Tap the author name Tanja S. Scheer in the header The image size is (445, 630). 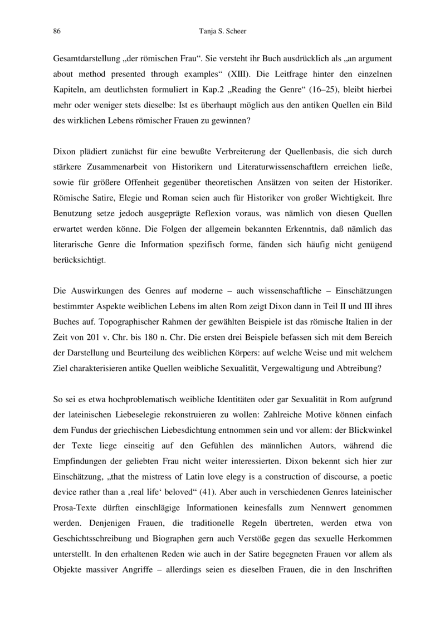222,31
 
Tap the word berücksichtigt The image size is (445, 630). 79,260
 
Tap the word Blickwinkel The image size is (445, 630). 371,447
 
